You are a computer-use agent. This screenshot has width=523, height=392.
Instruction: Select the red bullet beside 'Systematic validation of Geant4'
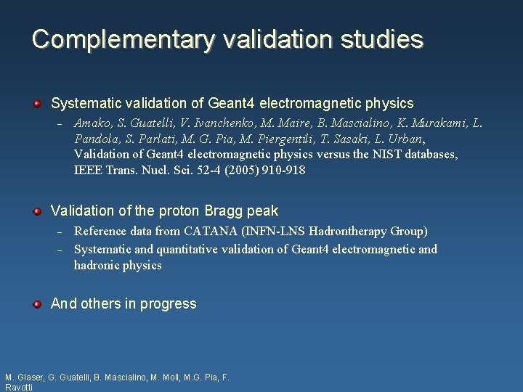[36, 104]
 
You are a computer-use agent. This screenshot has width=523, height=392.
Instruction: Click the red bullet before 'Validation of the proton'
[36, 211]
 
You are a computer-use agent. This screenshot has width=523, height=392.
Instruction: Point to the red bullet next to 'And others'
[36, 304]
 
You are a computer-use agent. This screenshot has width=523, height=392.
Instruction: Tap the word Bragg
[224, 211]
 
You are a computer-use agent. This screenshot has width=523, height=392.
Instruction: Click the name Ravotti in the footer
[19, 388]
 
